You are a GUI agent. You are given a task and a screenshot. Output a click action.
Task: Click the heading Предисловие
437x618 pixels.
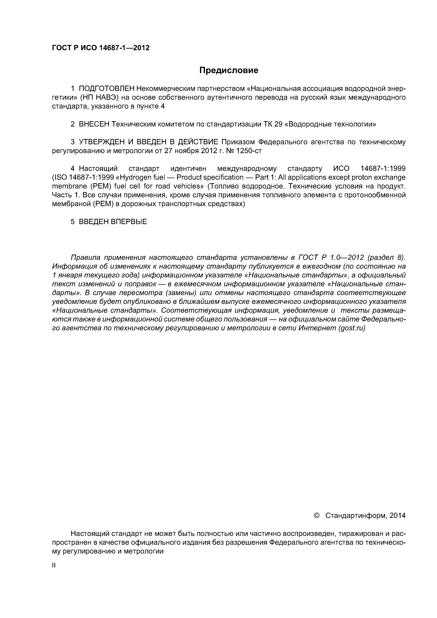point(229,70)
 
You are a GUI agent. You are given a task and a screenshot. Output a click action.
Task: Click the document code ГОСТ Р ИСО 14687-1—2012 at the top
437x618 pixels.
point(100,48)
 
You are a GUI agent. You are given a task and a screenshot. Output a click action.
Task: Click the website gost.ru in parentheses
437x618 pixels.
point(352,328)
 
